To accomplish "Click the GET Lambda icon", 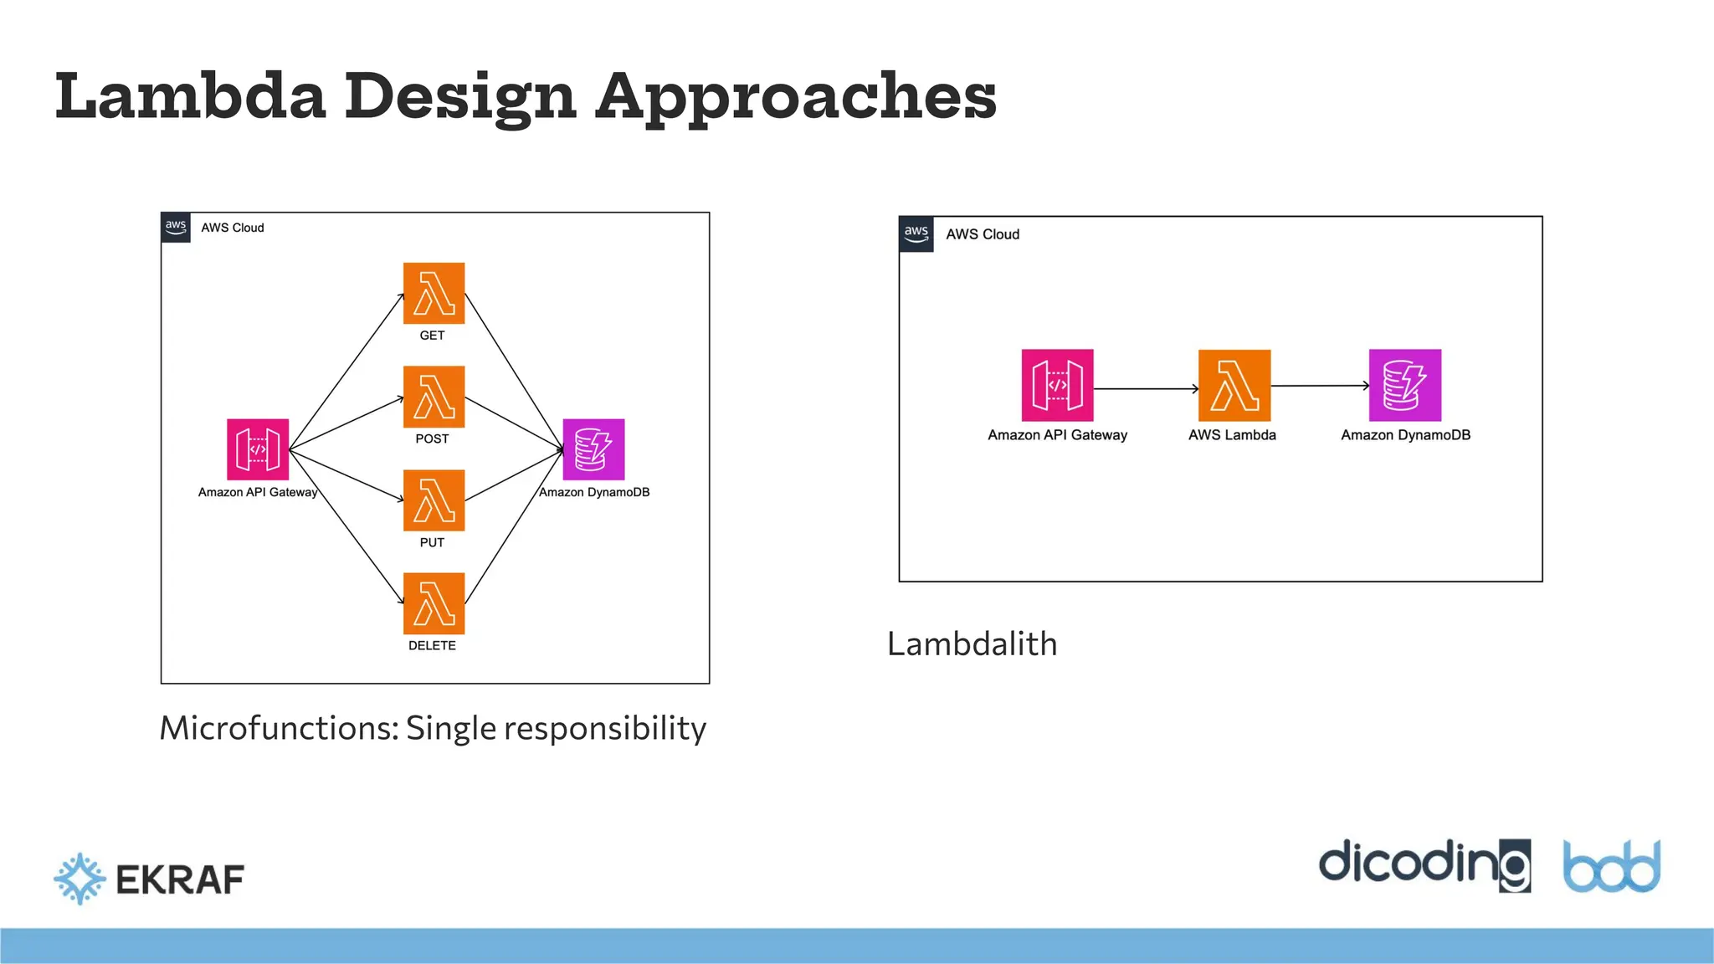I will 434,294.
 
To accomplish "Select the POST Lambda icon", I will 434,397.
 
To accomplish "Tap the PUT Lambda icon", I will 434,500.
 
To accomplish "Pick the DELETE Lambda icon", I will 434,603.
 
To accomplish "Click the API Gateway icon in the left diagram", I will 258,449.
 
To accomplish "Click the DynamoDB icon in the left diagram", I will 593,449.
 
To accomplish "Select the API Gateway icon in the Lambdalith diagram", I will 1057,385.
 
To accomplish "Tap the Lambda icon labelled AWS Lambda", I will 1234,385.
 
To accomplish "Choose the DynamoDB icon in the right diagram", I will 1404,385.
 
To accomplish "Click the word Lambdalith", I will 972,644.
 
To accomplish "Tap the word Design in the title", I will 459,97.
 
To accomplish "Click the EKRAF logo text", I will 180,879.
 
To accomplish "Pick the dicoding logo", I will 1424,864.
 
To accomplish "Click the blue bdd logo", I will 1611,867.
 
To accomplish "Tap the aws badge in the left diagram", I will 176,227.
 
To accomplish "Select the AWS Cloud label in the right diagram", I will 983,234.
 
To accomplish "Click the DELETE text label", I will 432,646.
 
